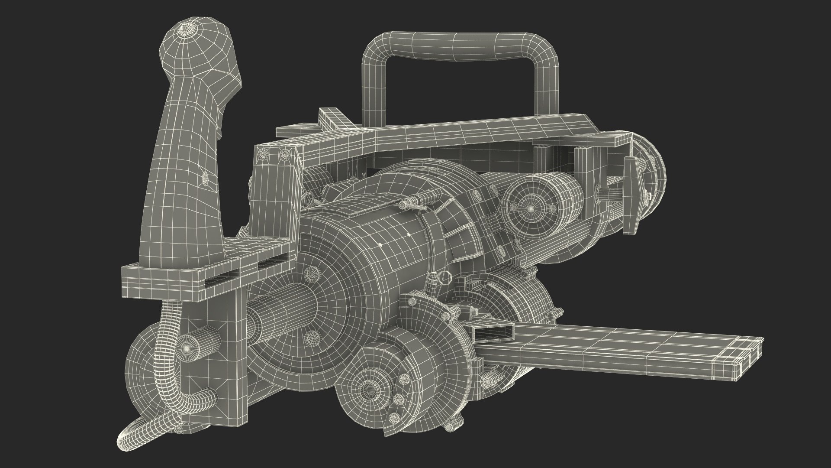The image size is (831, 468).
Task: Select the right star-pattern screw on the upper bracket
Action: pyautogui.click(x=284, y=153)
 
